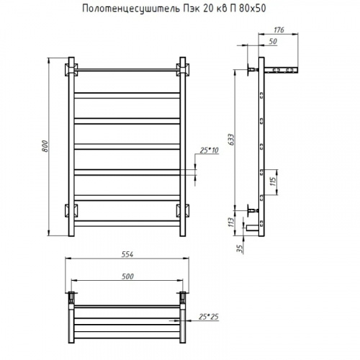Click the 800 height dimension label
click(45, 146)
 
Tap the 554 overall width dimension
click(127, 254)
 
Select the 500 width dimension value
click(127, 276)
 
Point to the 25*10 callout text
click(209, 150)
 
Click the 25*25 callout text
click(209, 317)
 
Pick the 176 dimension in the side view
click(279, 30)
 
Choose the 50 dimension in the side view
click(273, 42)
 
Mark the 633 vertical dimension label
click(231, 140)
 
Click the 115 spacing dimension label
click(274, 182)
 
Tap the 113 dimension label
click(231, 222)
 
